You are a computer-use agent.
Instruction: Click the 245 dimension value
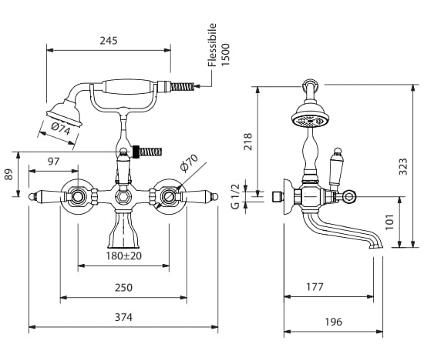pyautogui.click(x=109, y=41)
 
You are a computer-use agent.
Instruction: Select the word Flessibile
pyautogui.click(x=212, y=45)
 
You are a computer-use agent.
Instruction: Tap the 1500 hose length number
pyautogui.click(x=225, y=55)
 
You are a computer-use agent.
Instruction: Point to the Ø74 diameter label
pyautogui.click(x=61, y=129)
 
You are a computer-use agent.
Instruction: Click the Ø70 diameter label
pyautogui.click(x=189, y=163)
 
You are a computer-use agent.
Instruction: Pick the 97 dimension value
pyautogui.click(x=53, y=162)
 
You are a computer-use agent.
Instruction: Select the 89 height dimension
pyautogui.click(x=8, y=175)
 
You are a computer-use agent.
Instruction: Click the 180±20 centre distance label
pyautogui.click(x=123, y=255)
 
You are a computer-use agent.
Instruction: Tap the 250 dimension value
pyautogui.click(x=123, y=288)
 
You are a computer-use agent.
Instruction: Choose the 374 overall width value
pyautogui.click(x=123, y=317)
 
